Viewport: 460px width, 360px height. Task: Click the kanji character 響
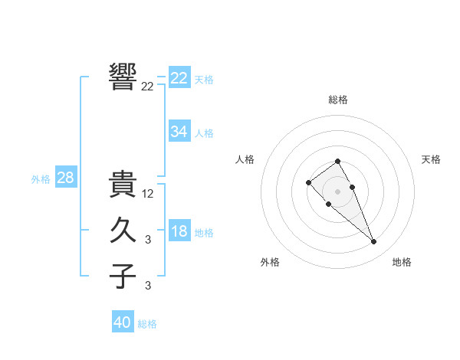point(123,77)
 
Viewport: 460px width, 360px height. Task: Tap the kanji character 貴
point(123,185)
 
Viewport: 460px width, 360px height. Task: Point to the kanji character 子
point(123,276)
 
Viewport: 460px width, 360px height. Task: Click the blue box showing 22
point(179,78)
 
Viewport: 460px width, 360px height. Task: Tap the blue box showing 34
point(179,132)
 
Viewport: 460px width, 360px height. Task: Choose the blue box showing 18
point(179,231)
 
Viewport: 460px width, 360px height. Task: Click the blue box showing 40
point(123,322)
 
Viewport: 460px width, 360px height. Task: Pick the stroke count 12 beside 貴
point(148,194)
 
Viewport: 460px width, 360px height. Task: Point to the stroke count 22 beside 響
point(147,87)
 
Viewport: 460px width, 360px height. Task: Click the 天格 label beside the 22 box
point(204,80)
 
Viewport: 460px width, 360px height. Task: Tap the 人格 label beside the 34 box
point(204,133)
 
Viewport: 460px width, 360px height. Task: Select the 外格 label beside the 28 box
point(41,179)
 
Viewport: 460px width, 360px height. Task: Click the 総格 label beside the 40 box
point(147,324)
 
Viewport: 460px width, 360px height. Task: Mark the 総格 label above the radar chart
point(338,100)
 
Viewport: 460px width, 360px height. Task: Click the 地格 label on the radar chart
point(402,262)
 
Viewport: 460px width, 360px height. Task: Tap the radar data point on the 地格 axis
point(373,242)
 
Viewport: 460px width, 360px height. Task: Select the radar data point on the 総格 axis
point(337,161)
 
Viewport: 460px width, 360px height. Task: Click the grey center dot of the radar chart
point(337,191)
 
